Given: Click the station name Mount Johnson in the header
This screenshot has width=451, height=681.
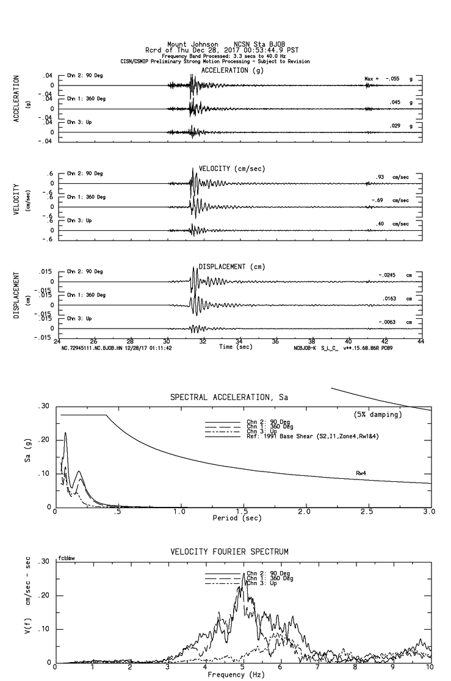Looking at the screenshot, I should pyautogui.click(x=192, y=44).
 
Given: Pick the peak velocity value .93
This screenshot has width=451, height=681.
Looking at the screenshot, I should pyautogui.click(x=380, y=177).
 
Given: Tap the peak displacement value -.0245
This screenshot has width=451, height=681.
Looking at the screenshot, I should pyautogui.click(x=388, y=275).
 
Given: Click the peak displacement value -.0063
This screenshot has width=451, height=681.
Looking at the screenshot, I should pyautogui.click(x=388, y=322).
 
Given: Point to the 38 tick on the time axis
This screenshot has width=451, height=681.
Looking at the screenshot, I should pyautogui.click(x=312, y=342).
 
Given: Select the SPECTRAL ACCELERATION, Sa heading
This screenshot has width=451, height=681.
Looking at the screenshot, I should pyautogui.click(x=229, y=398).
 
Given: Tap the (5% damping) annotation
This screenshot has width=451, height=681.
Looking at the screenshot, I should pyautogui.click(x=377, y=415).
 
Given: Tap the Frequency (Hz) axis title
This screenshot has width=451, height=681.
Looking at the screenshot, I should pyautogui.click(x=235, y=675).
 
